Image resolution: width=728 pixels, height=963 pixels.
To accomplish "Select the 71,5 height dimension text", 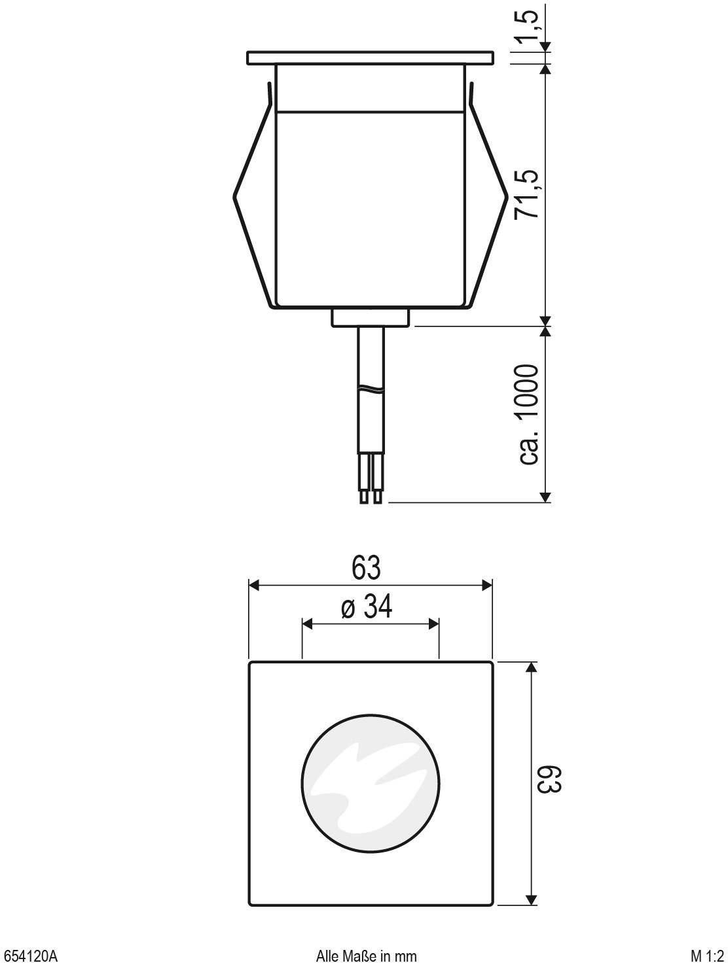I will (528, 194).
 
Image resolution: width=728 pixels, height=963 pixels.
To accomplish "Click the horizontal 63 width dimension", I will (367, 568).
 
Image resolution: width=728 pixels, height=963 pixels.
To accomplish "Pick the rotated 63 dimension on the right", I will (549, 779).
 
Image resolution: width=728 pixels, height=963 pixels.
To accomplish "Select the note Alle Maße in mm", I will (366, 956).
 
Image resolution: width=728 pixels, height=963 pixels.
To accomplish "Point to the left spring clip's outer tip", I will (235, 195).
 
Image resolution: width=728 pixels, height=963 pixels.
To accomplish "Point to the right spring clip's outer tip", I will (507, 195).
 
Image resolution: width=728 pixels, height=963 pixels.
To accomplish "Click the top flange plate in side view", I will (370, 58).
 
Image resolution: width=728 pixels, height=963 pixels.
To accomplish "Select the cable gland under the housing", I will (370, 317).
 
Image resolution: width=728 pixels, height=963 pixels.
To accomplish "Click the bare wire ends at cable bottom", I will (370, 497).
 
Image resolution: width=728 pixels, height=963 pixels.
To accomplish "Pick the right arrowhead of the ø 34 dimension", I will (433, 625).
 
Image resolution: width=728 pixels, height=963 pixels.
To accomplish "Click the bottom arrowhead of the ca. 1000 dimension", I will (545, 497).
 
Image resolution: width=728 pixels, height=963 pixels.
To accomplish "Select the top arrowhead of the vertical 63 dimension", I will (532, 667).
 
